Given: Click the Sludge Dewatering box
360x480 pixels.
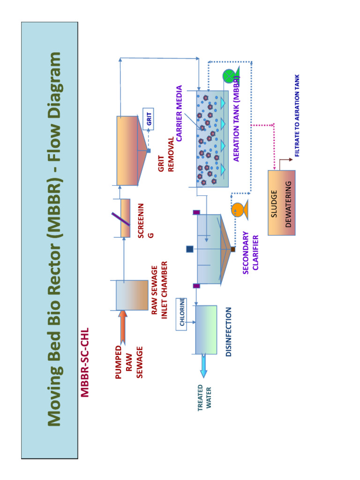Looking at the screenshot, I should (281, 202).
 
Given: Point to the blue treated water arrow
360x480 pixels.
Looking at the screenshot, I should (203, 366).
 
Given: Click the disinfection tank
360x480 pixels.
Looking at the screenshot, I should (206, 330).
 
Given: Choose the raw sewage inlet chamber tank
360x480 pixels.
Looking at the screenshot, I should (132, 295).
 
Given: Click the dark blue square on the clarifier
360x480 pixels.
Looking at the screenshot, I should (190, 249).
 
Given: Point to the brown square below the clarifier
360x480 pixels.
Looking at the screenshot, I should (233, 249).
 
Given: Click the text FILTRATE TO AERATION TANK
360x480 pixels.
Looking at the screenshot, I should (297, 116).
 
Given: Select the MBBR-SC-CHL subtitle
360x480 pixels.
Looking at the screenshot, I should (85, 362).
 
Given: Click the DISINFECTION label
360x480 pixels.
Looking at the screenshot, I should (229, 332).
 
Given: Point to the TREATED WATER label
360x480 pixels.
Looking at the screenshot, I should (204, 397).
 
